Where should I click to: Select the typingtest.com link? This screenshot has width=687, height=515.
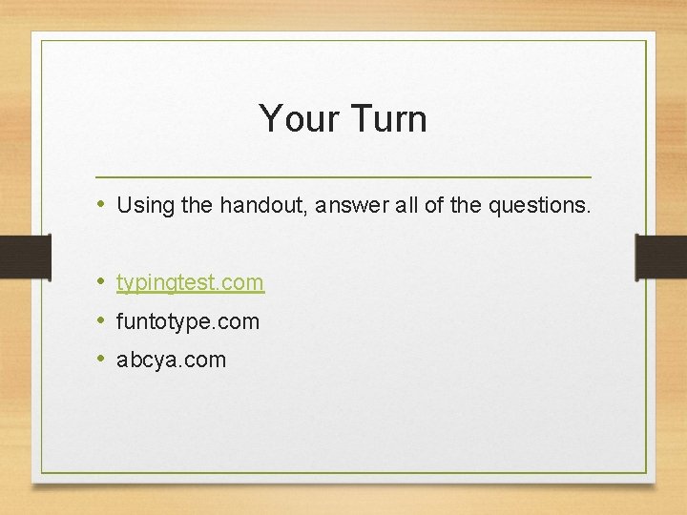(x=190, y=282)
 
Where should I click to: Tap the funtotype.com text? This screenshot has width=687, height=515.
(x=188, y=321)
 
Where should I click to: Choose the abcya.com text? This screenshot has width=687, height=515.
(x=172, y=360)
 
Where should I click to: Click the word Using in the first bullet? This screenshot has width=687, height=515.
(x=141, y=205)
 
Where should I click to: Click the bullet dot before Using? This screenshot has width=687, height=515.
(x=100, y=204)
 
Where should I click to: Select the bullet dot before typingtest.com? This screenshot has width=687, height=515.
(x=100, y=282)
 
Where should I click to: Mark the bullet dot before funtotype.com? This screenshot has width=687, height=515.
(x=100, y=321)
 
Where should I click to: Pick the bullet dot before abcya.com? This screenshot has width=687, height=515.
(x=100, y=360)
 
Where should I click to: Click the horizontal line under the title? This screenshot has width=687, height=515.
(x=343, y=177)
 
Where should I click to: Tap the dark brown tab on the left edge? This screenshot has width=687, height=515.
(x=25, y=256)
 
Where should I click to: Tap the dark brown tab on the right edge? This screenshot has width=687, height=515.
(x=661, y=256)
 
